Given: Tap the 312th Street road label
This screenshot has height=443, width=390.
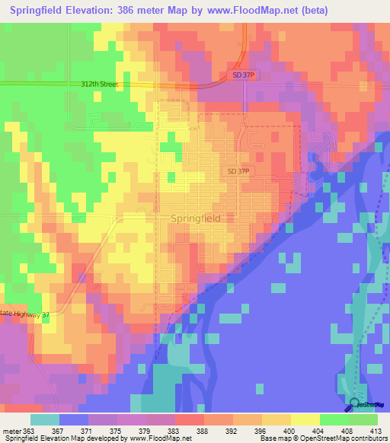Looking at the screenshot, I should click(99, 84).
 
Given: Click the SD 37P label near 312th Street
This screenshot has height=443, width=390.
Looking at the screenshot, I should click(242, 74).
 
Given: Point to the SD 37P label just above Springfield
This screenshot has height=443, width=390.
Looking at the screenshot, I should click(238, 172).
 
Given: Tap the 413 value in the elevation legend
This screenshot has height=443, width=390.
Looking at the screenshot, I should click(376, 430).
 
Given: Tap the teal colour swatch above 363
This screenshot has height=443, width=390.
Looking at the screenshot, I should click(45, 419).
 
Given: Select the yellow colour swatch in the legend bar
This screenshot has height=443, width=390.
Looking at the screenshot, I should click(305, 419).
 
